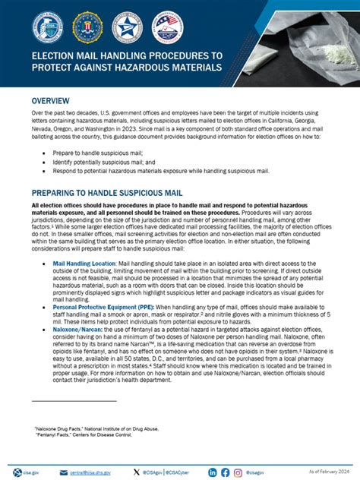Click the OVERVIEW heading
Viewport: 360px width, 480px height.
pos(52,101)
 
